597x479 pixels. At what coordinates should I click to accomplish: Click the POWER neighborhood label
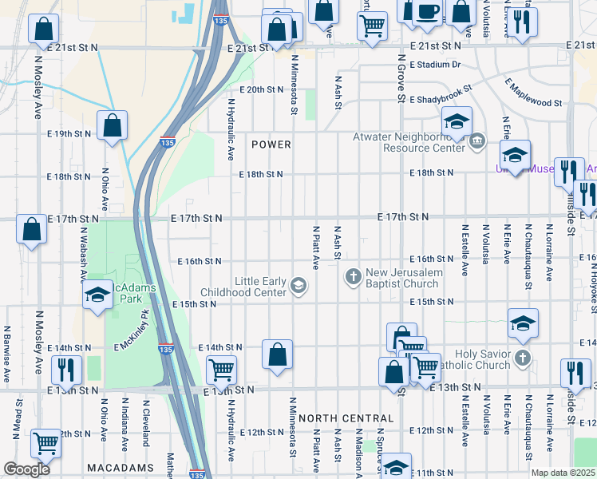click(x=271, y=144)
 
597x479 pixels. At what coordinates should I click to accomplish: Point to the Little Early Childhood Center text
click(x=260, y=287)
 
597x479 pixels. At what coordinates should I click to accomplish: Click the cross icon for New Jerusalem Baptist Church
click(x=354, y=277)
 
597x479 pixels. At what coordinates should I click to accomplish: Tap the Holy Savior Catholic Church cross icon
click(x=522, y=356)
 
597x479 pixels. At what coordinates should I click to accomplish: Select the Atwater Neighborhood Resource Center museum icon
click(x=476, y=142)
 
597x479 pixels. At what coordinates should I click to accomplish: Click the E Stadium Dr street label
click(x=435, y=65)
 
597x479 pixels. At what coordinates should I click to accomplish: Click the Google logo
click(x=27, y=469)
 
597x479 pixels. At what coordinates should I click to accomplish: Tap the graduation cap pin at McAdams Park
click(x=97, y=295)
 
